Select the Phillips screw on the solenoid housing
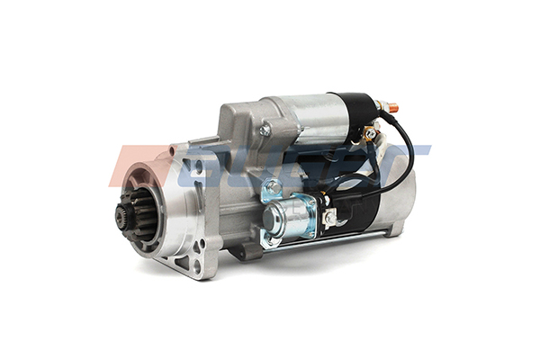tap(265, 130)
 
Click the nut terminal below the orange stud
tap(369, 134)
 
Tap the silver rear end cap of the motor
tap(400, 202)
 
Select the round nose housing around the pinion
tap(148, 211)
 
